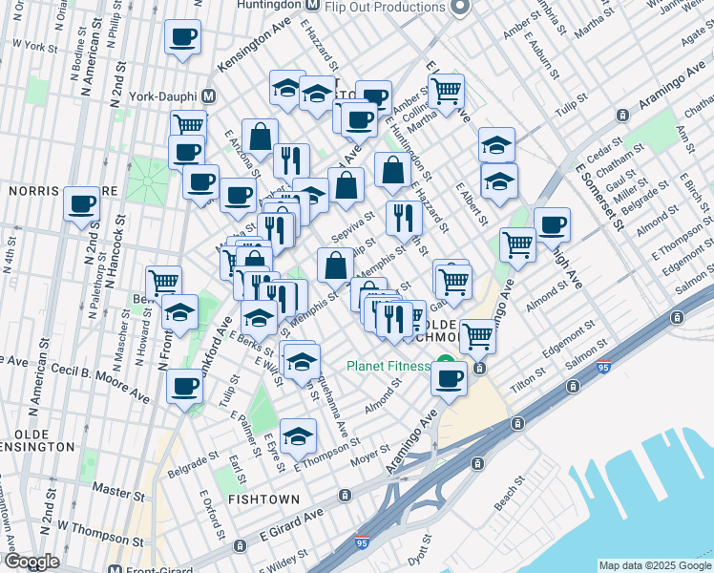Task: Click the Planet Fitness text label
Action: [x=389, y=365]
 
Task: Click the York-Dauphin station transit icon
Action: [x=209, y=97]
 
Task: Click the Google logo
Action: [x=32, y=562]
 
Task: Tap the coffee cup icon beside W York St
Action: [x=182, y=38]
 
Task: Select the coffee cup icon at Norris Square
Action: [x=82, y=203]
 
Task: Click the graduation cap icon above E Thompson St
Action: [x=298, y=436]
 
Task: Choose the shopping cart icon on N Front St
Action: [x=164, y=282]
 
